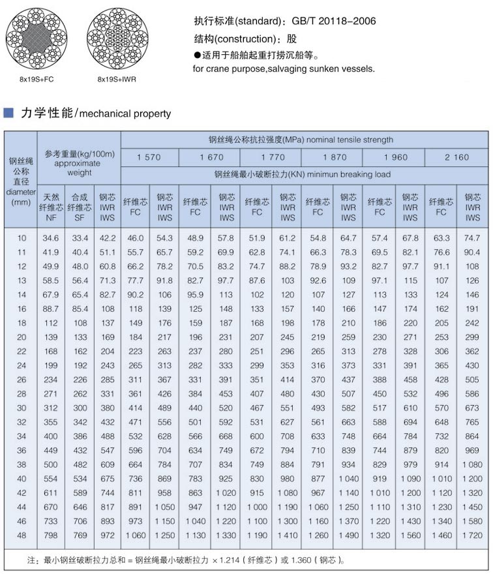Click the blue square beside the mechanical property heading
point(8,113)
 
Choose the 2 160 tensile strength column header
point(456,157)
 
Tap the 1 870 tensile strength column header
point(334,157)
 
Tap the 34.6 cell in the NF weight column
point(51,239)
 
